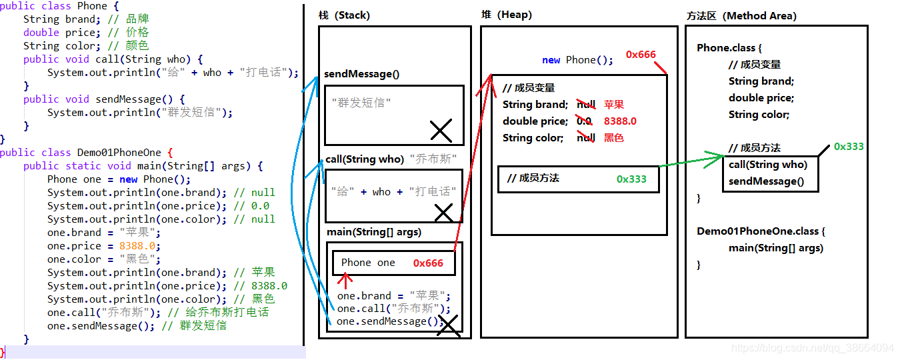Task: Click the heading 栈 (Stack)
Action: (344, 15)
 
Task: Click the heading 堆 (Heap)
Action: (506, 15)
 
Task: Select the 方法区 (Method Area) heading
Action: (741, 16)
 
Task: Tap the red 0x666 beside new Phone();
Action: (641, 55)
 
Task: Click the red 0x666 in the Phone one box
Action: (428, 263)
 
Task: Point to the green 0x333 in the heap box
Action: (631, 179)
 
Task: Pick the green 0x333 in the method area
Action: (849, 147)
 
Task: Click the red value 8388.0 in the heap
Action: (620, 121)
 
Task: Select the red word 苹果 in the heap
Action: (614, 105)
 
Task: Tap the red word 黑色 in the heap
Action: (614, 138)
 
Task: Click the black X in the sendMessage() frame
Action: (441, 131)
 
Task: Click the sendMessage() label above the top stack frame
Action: (361, 74)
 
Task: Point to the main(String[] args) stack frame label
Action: (374, 232)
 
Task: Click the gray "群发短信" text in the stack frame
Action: (361, 103)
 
